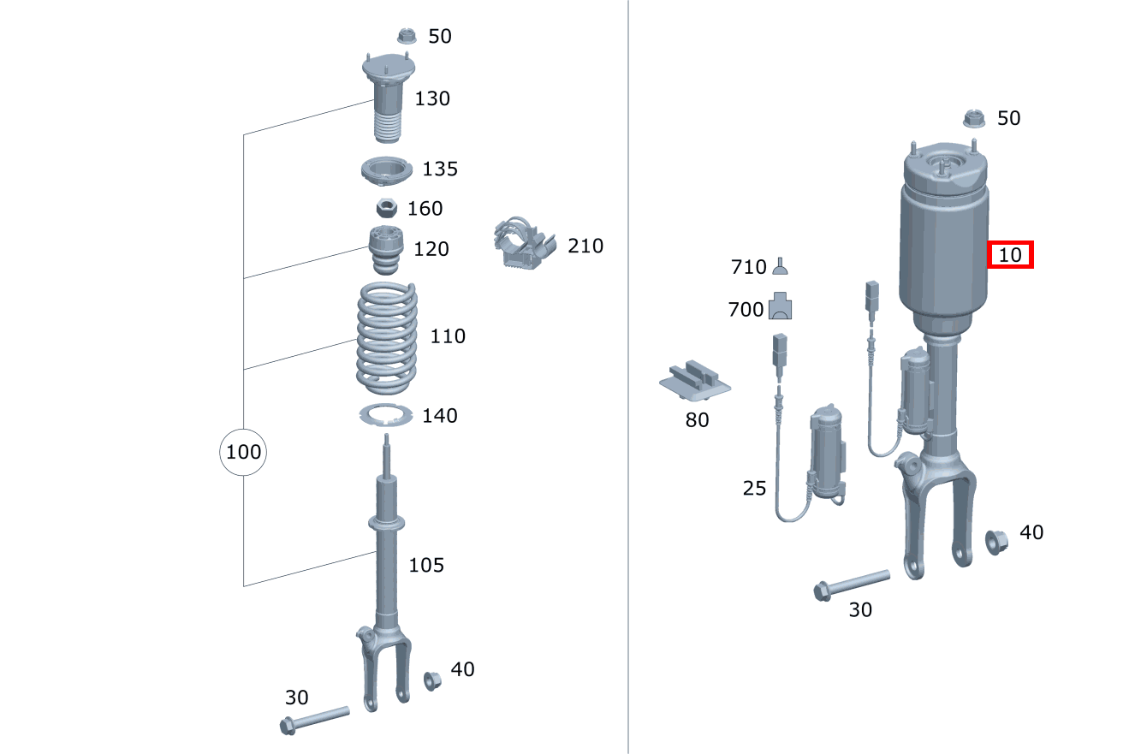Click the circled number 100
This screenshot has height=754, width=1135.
(x=243, y=451)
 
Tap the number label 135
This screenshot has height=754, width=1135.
(x=440, y=169)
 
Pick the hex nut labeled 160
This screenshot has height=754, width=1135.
(x=385, y=207)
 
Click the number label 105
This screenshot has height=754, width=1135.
(x=425, y=565)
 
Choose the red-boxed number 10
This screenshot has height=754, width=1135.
(x=1010, y=255)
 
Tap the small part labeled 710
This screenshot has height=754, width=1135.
(x=780, y=267)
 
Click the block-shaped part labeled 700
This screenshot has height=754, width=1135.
(x=781, y=306)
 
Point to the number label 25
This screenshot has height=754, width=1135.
(x=754, y=488)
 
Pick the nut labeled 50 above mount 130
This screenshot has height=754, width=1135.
(x=407, y=36)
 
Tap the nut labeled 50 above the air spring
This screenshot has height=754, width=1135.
(x=973, y=118)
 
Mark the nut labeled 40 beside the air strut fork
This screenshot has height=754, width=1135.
(x=995, y=542)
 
